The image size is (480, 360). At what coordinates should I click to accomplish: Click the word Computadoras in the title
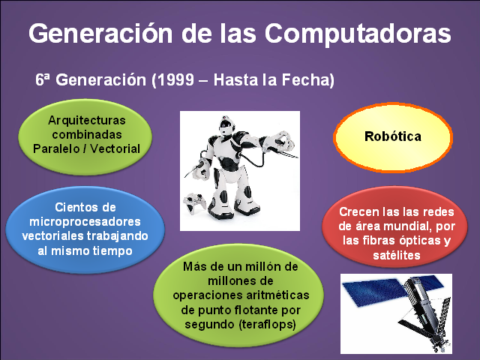click(358, 34)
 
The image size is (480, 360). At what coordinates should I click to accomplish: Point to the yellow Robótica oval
click(393, 136)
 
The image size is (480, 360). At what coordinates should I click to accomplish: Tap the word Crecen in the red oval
click(356, 212)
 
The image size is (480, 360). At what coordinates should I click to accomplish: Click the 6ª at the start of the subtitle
click(43, 79)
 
